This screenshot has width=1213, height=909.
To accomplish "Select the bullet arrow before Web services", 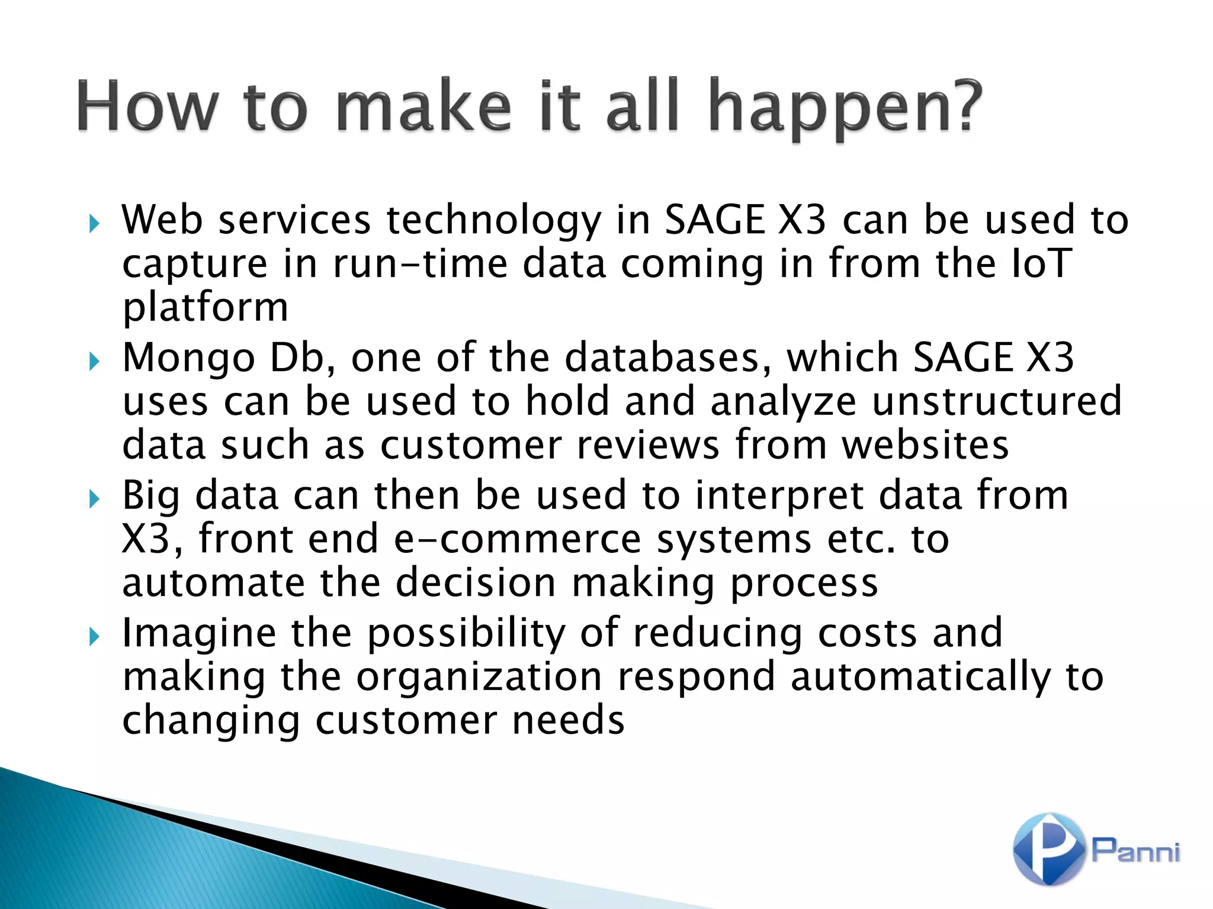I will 94,224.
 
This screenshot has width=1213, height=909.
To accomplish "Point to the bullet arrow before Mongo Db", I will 94,361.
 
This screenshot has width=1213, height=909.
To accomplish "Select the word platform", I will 205,308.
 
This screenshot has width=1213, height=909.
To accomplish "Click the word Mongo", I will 188,359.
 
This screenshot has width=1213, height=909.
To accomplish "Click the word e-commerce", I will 518,539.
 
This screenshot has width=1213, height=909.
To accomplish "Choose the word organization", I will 479,677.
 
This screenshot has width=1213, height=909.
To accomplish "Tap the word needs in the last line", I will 568,720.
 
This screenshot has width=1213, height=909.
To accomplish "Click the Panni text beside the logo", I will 1135,850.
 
